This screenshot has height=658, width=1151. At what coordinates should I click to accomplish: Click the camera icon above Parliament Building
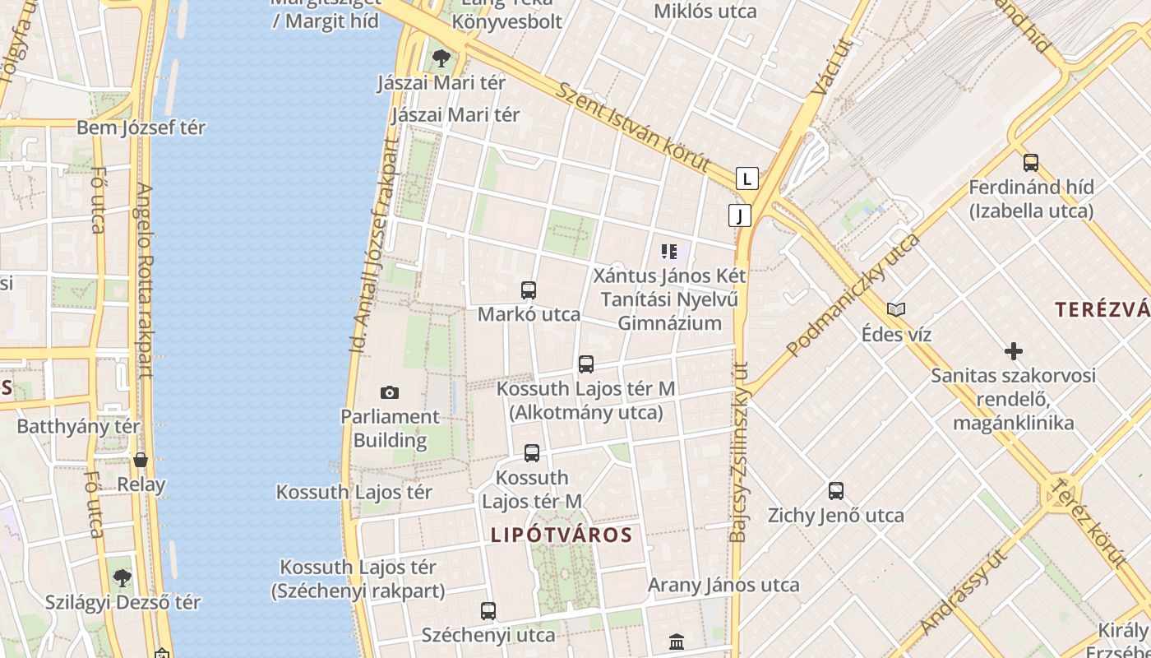(390, 393)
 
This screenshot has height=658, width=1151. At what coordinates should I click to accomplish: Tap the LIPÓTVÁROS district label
(562, 535)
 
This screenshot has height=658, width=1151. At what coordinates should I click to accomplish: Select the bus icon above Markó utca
(529, 290)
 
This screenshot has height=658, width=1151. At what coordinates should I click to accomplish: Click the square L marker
(747, 178)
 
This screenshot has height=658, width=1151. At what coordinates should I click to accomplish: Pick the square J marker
(740, 215)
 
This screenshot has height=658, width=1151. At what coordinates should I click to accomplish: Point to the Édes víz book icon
(896, 310)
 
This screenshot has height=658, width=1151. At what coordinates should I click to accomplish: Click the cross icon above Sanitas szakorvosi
(1014, 351)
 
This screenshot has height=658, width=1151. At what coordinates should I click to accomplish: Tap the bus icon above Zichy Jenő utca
(836, 491)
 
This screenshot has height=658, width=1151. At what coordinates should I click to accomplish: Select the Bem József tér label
(141, 127)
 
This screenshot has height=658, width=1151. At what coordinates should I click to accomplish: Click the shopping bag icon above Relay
(141, 460)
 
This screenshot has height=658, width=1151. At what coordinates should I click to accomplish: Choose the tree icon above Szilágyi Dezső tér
(122, 578)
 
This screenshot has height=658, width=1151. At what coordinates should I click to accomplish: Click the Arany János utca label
(723, 585)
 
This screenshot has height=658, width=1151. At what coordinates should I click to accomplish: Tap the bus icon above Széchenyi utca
(488, 611)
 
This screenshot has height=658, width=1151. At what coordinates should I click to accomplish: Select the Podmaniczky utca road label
(853, 294)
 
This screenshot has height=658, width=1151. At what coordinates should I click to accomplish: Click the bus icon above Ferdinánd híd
(1031, 163)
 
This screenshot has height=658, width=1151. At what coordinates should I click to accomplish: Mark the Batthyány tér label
(78, 427)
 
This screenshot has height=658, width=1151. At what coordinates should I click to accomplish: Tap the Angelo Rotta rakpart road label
(145, 280)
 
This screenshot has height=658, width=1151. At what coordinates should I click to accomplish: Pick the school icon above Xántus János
(669, 251)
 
